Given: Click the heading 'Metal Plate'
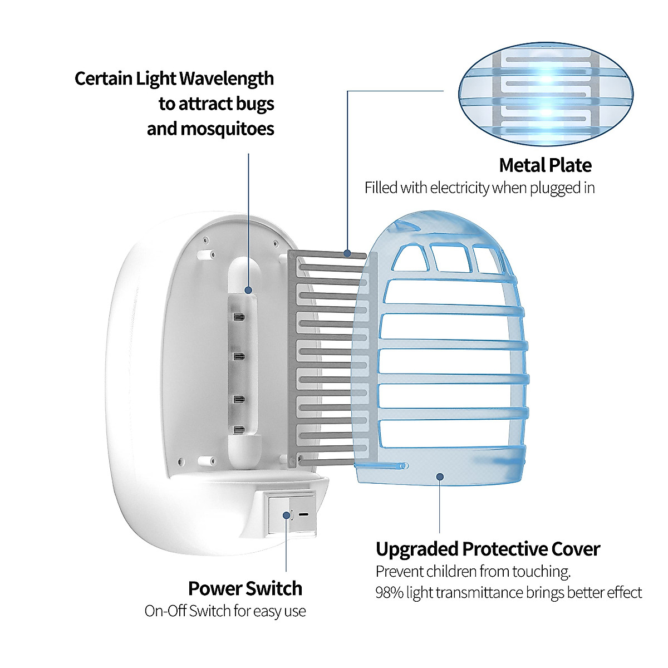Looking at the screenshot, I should pyautogui.click(x=545, y=165).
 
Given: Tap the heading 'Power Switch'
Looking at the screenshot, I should pyautogui.click(x=245, y=588).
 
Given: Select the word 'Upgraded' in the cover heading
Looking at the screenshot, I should pyautogui.click(x=417, y=549).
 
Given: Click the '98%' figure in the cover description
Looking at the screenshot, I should pyautogui.click(x=389, y=592).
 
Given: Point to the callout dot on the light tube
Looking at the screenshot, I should pyautogui.click(x=248, y=289).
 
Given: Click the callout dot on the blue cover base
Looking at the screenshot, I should pyautogui.click(x=440, y=477).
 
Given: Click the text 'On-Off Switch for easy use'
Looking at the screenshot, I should pyautogui.click(x=225, y=611).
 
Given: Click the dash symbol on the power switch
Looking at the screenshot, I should pyautogui.click(x=303, y=514).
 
